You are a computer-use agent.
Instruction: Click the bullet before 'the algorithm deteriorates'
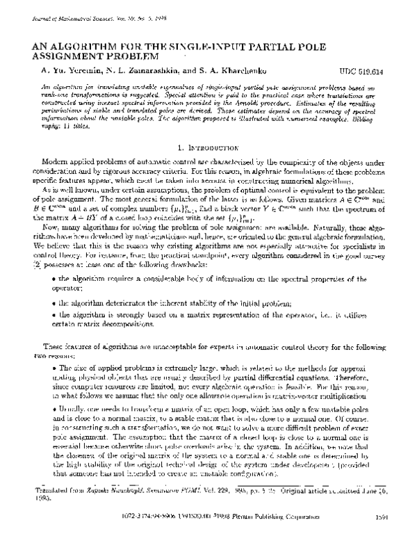coord(54,302)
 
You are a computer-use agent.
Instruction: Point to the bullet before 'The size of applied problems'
coord(54,367)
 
